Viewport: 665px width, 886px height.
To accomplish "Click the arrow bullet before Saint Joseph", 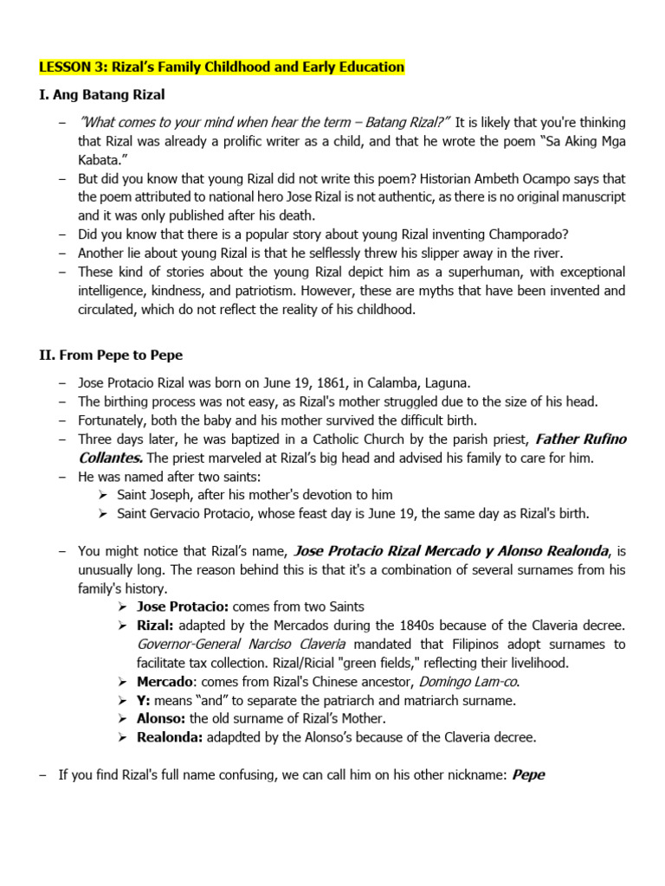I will pos(102,495).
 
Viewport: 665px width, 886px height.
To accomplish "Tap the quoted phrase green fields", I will pos(354,663).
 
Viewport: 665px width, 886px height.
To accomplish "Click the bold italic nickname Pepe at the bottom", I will pos(528,775).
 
